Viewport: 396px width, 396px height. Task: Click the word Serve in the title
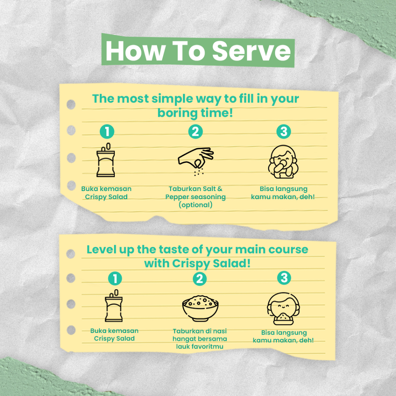tap(251, 51)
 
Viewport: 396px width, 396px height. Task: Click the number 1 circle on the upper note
tap(107, 131)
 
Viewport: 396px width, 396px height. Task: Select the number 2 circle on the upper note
tap(195, 131)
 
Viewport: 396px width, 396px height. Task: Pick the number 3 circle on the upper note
tap(283, 131)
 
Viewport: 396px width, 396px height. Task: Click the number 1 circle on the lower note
tap(115, 278)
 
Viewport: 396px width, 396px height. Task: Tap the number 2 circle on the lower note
tap(200, 279)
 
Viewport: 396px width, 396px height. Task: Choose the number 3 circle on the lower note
tap(284, 278)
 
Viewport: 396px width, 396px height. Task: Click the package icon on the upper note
tap(106, 160)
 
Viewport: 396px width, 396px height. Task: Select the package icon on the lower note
tap(114, 306)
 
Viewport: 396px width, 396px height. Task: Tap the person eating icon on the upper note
tap(283, 162)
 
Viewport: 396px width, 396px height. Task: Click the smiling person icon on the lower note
tap(283, 309)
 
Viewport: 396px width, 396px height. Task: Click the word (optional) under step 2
tap(195, 205)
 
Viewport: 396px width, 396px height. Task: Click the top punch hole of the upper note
tap(71, 104)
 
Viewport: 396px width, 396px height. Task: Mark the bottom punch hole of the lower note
tap(71, 330)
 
